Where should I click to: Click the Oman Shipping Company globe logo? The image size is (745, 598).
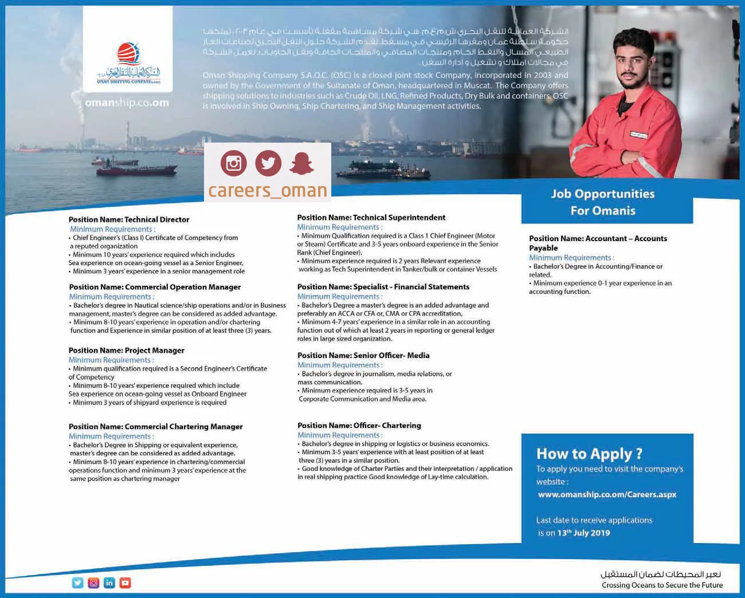pyautogui.click(x=128, y=55)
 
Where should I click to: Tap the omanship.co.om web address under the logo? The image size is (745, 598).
pyautogui.click(x=127, y=103)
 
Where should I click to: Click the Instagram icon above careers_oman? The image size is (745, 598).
pyautogui.click(x=234, y=164)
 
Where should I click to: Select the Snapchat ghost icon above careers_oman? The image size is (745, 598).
pyautogui.click(x=301, y=164)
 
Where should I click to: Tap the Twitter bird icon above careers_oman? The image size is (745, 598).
pyautogui.click(x=268, y=164)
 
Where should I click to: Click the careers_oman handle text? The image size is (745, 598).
pyautogui.click(x=268, y=190)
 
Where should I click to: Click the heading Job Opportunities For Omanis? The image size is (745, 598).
pyautogui.click(x=603, y=202)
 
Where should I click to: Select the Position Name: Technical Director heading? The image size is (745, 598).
pyautogui.click(x=129, y=219)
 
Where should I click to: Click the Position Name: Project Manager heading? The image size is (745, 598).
pyautogui.click(x=127, y=351)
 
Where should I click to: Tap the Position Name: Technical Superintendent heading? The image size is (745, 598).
pyautogui.click(x=371, y=218)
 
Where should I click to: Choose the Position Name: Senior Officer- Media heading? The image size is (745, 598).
pyautogui.click(x=363, y=356)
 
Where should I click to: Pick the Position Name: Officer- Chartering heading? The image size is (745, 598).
pyautogui.click(x=359, y=426)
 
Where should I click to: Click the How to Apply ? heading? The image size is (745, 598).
pyautogui.click(x=589, y=454)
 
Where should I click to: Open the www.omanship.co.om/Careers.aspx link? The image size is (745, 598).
pyautogui.click(x=607, y=494)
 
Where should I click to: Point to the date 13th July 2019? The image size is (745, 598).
pyautogui.click(x=583, y=533)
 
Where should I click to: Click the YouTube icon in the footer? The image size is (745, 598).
pyautogui.click(x=126, y=583)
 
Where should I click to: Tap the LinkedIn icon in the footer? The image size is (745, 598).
pyautogui.click(x=109, y=583)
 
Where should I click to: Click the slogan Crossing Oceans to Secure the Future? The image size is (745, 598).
pyautogui.click(x=662, y=585)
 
